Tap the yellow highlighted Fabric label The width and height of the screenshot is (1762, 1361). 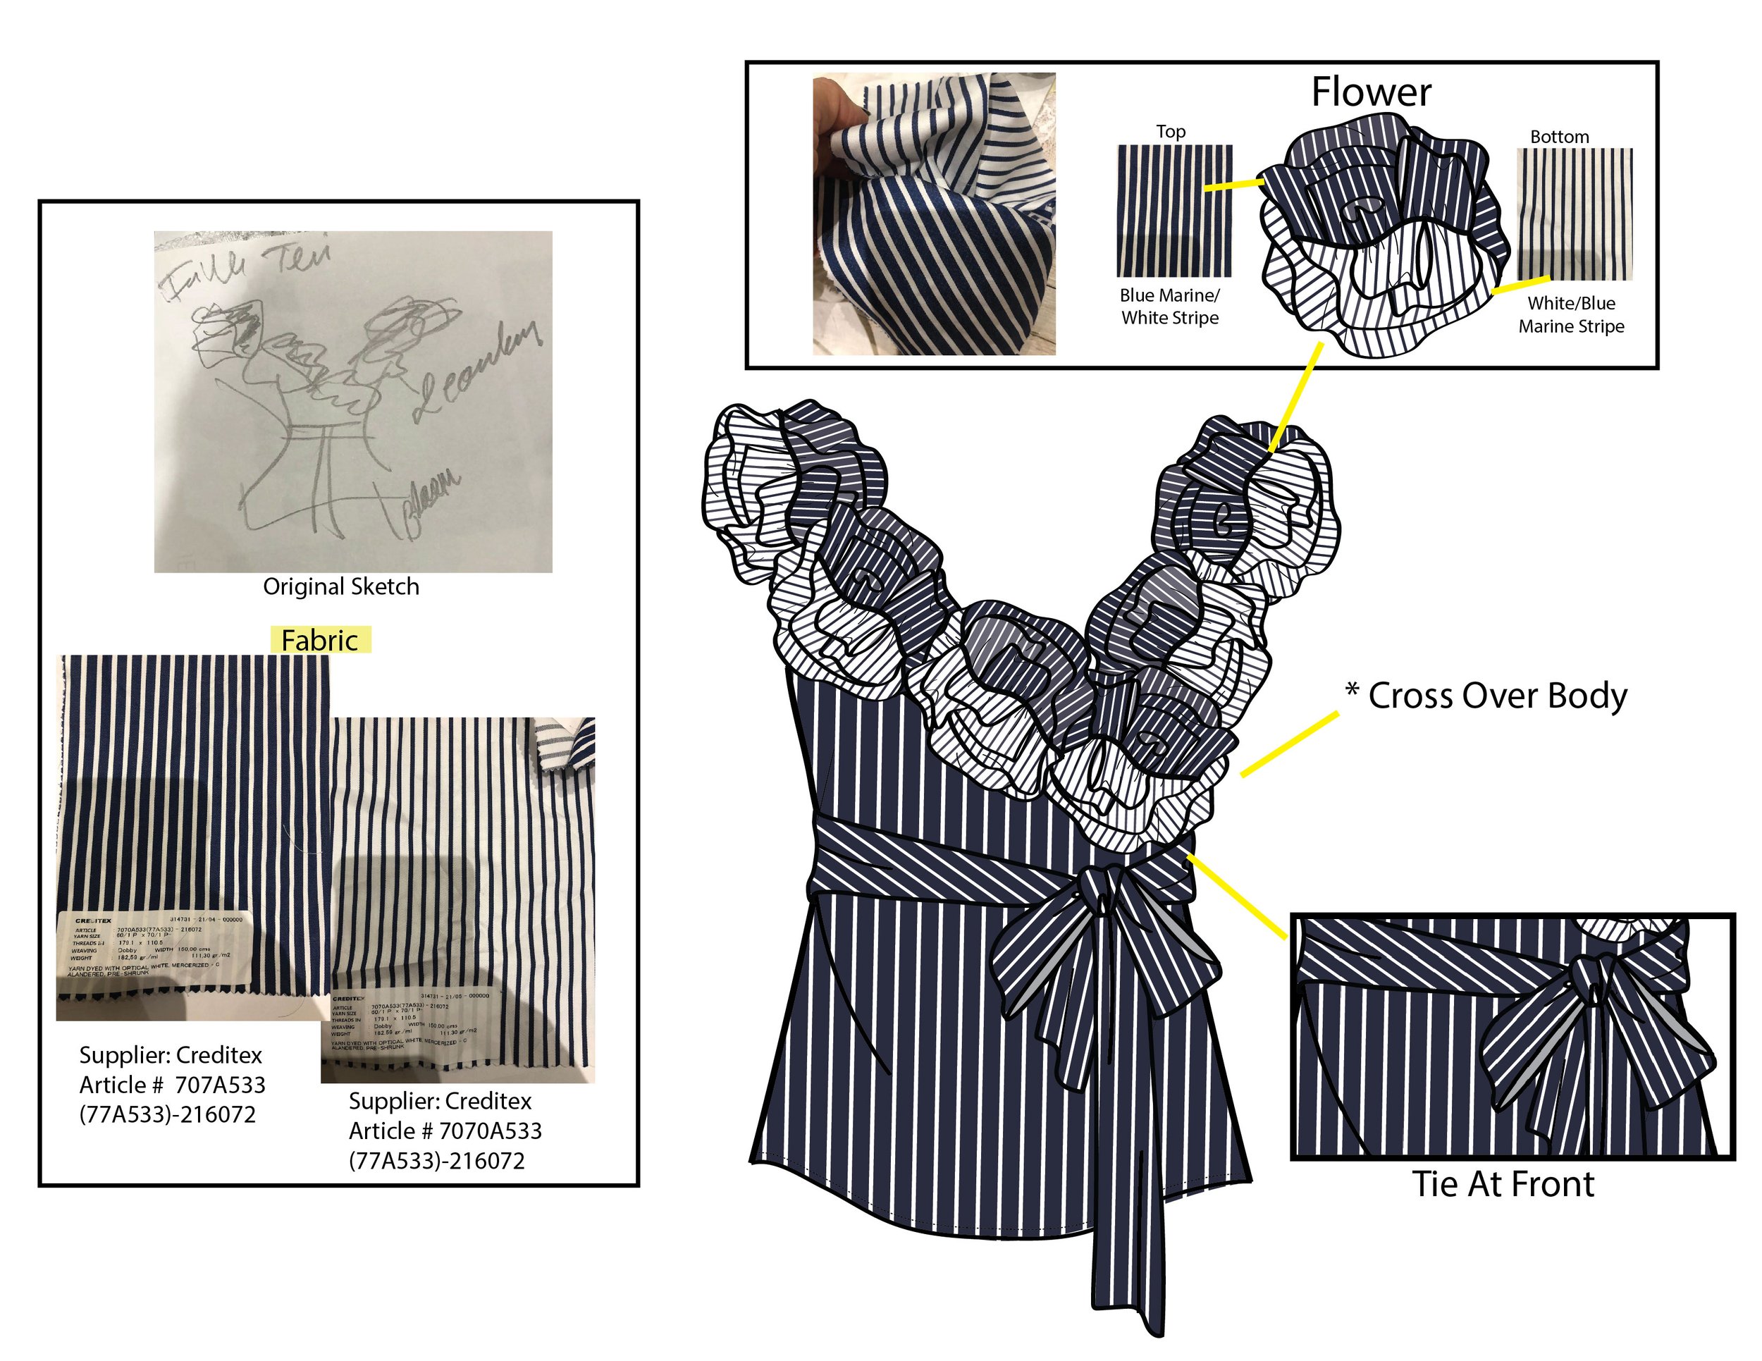click(320, 640)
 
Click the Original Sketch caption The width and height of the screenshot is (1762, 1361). click(340, 586)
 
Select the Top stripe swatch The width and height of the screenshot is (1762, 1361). click(1174, 211)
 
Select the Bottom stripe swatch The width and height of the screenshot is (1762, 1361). click(1574, 214)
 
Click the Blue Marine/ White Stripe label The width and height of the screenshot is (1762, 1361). click(1169, 307)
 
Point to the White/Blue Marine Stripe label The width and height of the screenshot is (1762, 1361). click(1571, 314)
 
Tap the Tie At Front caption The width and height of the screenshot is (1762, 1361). click(1502, 1184)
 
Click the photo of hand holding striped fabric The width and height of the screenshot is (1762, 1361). click(933, 214)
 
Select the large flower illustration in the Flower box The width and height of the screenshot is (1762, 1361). click(1384, 234)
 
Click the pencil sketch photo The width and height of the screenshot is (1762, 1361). click(352, 401)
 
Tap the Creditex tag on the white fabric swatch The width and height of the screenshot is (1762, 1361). click(412, 1023)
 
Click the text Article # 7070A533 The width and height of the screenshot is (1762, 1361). click(445, 1131)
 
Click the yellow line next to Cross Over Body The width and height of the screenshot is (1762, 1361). click(1289, 744)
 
